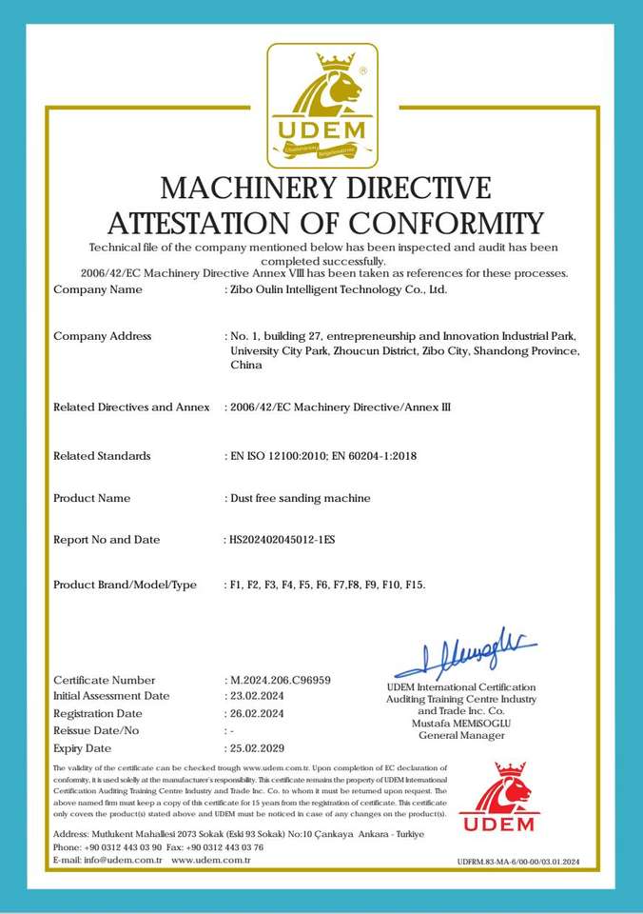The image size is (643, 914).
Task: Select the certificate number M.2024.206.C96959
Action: click(280, 680)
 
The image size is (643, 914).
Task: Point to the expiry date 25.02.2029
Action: click(257, 748)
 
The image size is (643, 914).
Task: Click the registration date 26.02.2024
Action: click(257, 713)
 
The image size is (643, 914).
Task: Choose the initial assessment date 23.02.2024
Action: click(257, 696)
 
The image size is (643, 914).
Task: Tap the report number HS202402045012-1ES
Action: click(282, 540)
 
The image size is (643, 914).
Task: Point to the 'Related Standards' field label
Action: click(102, 456)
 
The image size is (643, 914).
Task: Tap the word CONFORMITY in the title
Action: click(446, 224)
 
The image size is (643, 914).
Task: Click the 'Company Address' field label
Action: click(102, 336)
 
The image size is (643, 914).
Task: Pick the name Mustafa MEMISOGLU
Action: click(461, 724)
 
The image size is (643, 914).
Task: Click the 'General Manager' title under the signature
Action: click(461, 736)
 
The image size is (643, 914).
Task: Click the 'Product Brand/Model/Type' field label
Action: click(125, 585)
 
